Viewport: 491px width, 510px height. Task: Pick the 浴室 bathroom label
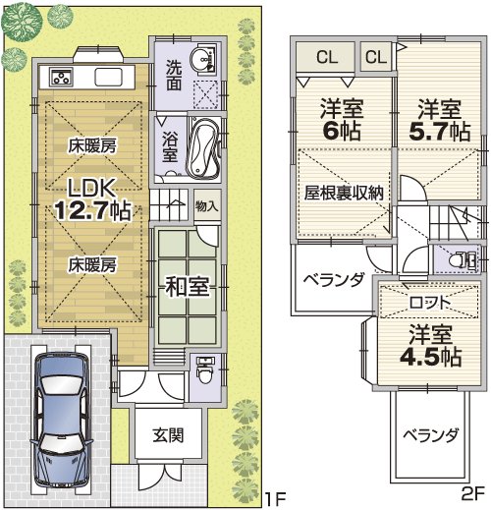(x=169, y=148)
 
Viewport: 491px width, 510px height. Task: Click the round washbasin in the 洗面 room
(x=206, y=60)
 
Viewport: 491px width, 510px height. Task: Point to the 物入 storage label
(x=206, y=206)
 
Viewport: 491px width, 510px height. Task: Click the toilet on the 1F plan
(x=203, y=371)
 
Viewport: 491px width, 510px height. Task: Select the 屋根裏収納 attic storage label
(x=343, y=191)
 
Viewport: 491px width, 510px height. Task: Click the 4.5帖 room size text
(x=429, y=357)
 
